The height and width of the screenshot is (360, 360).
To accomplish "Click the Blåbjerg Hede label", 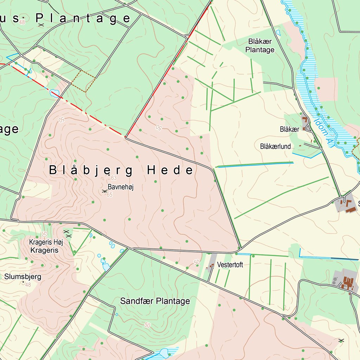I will [x=121, y=171].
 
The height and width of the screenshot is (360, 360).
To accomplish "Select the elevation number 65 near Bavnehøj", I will [x=109, y=195].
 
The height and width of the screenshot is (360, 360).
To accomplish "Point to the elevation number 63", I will [x=114, y=178].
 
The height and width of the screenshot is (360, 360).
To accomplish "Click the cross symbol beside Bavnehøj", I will [x=104, y=191].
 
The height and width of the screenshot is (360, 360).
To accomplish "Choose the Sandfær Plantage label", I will [x=155, y=301].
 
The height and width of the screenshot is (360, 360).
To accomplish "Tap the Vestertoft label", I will [x=230, y=265].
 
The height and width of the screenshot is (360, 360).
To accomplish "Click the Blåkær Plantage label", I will [x=260, y=46].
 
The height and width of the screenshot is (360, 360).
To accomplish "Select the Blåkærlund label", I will [x=276, y=146].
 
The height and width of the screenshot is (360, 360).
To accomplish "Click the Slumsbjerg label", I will [x=23, y=277].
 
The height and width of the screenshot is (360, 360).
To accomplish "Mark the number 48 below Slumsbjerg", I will [x=28, y=285].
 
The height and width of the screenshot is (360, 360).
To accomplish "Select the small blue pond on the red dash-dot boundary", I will [x=54, y=93].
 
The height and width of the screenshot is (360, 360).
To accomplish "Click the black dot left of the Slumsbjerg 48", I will [x=23, y=282].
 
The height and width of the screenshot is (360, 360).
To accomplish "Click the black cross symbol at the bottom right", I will [x=341, y=340].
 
